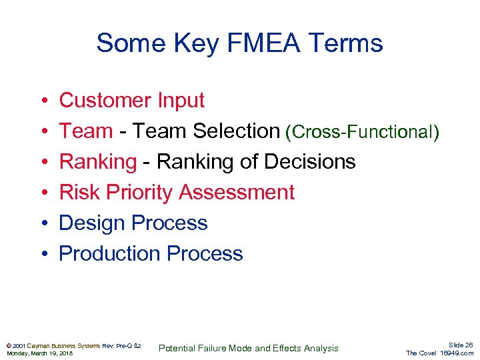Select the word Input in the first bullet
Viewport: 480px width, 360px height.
(x=181, y=101)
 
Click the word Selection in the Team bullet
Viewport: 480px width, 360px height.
(x=236, y=131)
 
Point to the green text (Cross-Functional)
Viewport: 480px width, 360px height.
(x=362, y=132)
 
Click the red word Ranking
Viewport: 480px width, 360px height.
(x=97, y=162)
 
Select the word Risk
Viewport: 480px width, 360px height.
(x=79, y=193)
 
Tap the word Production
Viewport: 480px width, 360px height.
(x=110, y=254)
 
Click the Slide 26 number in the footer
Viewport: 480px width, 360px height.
(x=459, y=345)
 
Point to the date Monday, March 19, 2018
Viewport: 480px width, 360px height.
(x=39, y=353)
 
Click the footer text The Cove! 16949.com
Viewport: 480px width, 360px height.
(x=439, y=353)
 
